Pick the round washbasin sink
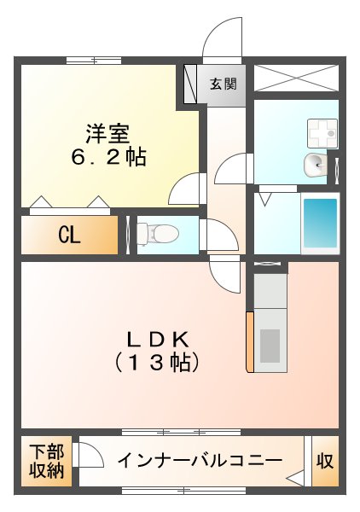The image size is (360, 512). (315, 164)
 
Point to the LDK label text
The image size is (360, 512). (158, 337)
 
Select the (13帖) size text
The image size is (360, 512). (158, 362)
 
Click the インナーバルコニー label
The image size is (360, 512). (200, 461)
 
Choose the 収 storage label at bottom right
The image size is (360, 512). (325, 461)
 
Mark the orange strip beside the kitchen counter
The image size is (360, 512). (249, 341)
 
